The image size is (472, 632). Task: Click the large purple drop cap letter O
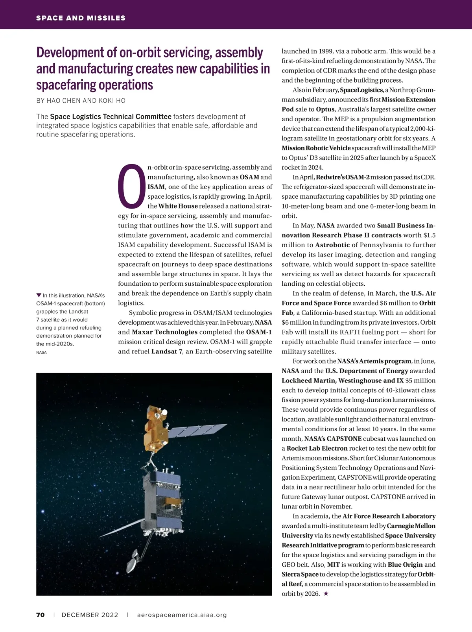click(x=132, y=186)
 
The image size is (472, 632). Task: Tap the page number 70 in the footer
click(x=41, y=615)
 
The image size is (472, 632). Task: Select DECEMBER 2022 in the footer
click(x=90, y=615)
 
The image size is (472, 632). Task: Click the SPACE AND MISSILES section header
click(x=81, y=18)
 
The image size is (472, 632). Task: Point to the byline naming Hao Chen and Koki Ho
click(x=81, y=100)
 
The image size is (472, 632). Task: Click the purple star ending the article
click(x=326, y=593)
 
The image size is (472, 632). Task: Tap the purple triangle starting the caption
click(x=39, y=295)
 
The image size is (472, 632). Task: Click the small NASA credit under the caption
click(x=41, y=352)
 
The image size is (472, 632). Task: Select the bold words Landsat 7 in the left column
click(x=167, y=351)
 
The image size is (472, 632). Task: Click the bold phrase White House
click(x=178, y=206)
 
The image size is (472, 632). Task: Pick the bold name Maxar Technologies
click(x=164, y=332)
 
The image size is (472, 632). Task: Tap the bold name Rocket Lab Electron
click(x=317, y=448)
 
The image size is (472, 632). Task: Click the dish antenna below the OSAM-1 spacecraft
click(x=133, y=559)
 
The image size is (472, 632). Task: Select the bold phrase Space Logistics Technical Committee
click(x=111, y=116)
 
